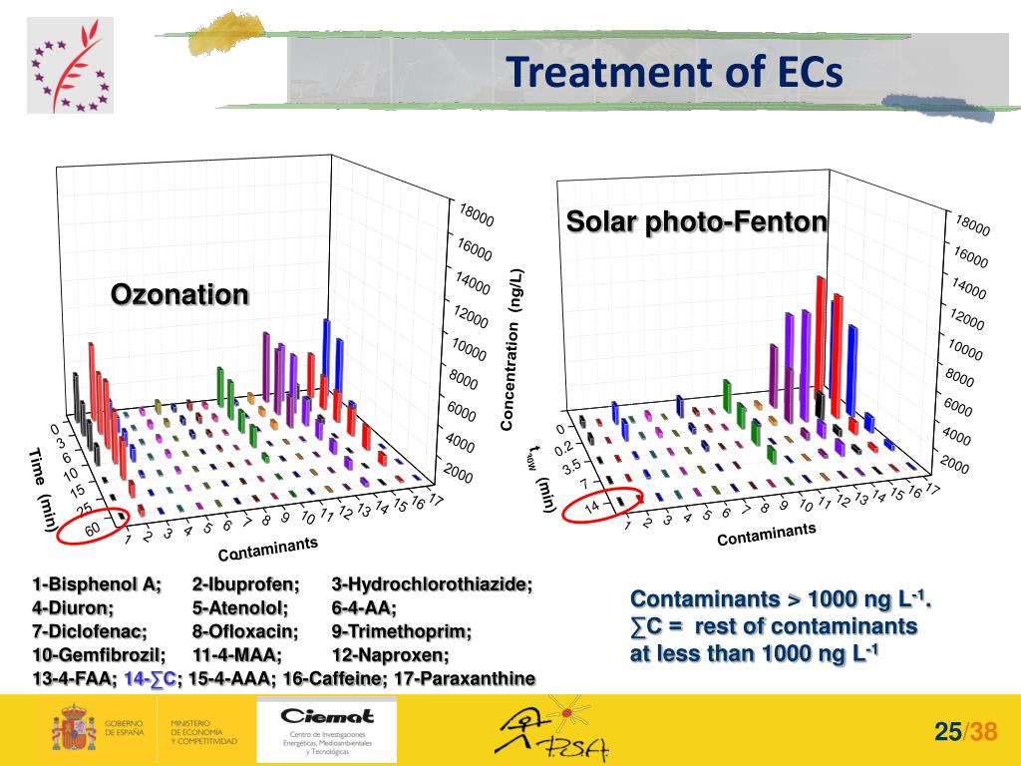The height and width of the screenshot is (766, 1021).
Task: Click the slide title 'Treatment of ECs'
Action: [x=673, y=73]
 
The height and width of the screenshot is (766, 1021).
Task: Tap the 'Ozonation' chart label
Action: [x=178, y=295]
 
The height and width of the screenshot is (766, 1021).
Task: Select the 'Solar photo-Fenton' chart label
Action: [x=697, y=221]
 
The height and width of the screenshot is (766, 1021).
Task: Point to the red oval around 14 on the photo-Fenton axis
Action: [x=602, y=506]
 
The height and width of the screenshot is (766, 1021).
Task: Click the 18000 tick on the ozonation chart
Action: [x=476, y=214]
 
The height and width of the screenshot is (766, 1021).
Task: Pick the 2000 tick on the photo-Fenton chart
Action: [x=954, y=465]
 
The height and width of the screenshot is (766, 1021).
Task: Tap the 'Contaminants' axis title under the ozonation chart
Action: [x=267, y=548]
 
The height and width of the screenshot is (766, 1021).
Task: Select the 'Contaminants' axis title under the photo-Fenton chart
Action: [x=766, y=536]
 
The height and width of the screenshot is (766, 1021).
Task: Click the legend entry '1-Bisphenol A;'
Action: [x=96, y=584]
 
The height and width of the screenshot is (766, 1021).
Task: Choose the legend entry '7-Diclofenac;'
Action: [x=90, y=632]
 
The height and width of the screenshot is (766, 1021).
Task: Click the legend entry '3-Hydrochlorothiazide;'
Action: [x=432, y=584]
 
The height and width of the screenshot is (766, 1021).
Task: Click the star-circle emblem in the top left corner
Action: [x=70, y=65]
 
